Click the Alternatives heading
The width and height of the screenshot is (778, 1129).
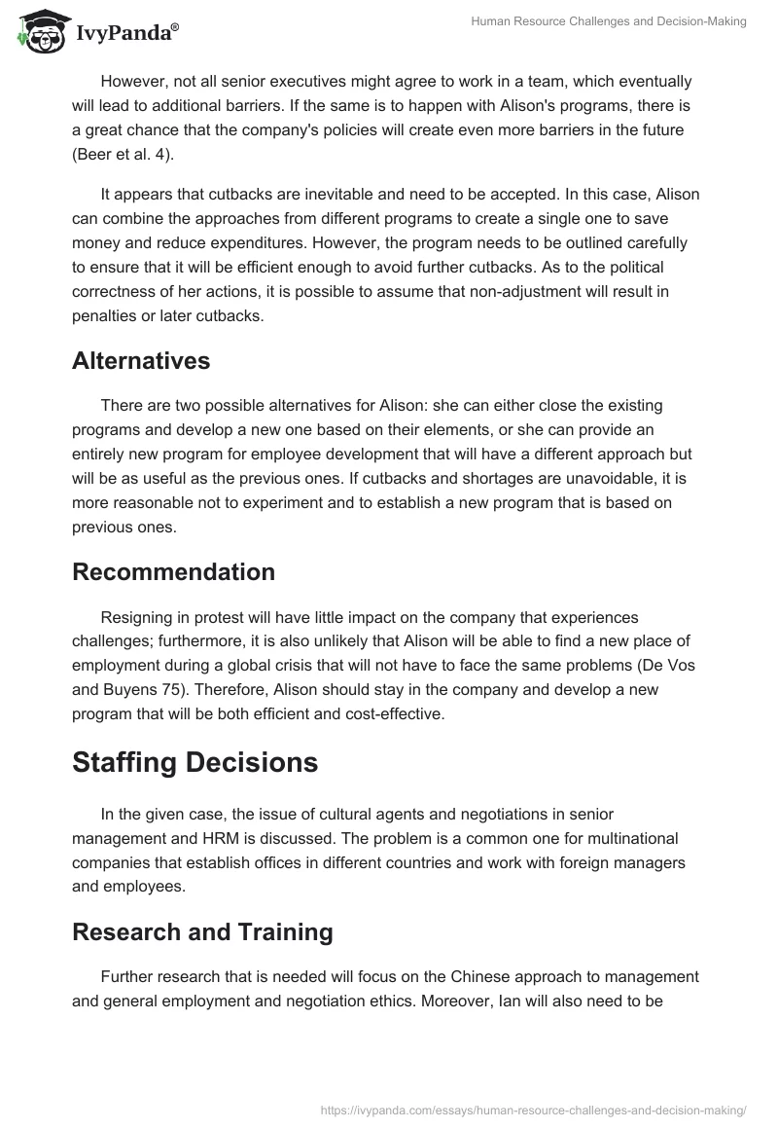141,361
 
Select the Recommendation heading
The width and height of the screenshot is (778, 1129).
173,572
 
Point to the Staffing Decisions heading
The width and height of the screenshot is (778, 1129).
194,763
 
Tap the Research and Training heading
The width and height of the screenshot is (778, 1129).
202,932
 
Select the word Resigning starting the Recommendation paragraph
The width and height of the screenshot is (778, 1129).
139,617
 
